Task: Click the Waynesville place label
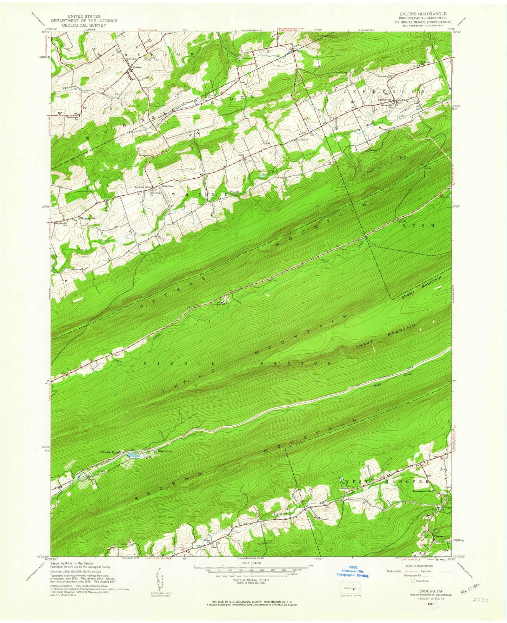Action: point(88,218)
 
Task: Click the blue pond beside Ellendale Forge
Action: point(132,455)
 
